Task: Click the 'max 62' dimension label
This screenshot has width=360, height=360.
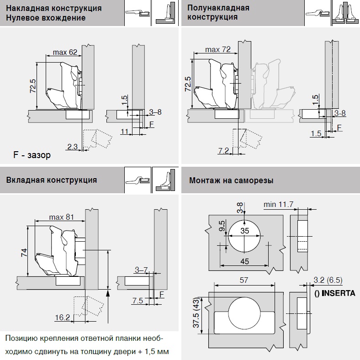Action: pos(64,53)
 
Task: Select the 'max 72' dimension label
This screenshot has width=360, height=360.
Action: pos(217,49)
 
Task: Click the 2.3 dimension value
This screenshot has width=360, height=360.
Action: pos(72,147)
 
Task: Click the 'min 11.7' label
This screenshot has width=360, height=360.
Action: pos(278,204)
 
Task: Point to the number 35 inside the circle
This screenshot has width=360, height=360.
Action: pos(245,231)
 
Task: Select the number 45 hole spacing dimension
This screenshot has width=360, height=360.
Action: pos(245,261)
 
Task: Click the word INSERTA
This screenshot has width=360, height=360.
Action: pos(339,293)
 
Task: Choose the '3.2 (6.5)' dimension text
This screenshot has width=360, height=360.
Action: pos(328,280)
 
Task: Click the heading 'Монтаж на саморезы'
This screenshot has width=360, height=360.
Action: pos(231,180)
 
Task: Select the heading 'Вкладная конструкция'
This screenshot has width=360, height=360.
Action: pos(52,180)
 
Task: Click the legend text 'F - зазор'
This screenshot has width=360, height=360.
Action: pos(32,155)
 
